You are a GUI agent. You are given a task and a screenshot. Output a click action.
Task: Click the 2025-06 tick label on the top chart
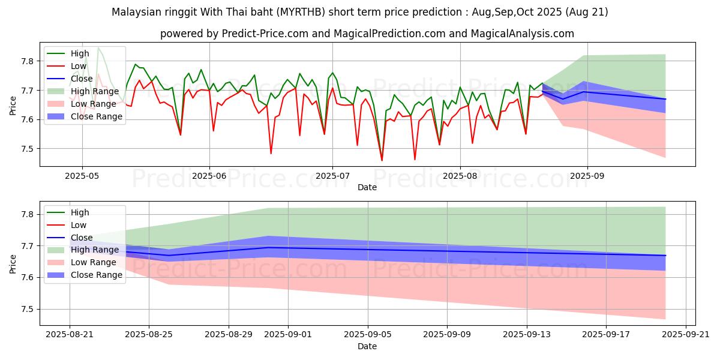coord(209,175)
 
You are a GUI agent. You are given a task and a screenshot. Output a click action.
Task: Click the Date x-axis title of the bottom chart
coord(367,346)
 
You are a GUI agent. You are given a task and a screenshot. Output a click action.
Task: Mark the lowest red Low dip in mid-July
coord(382,160)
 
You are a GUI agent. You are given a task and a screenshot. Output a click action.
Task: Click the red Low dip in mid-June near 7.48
coord(271,154)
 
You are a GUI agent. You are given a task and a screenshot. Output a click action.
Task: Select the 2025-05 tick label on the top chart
coord(82,175)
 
